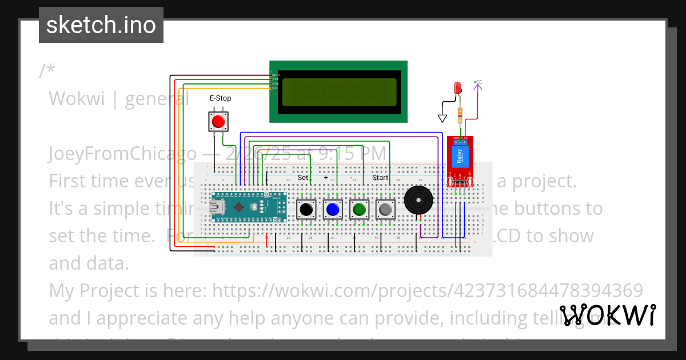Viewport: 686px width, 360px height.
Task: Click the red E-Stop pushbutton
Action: tap(218, 122)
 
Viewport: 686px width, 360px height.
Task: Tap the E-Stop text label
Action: tap(220, 98)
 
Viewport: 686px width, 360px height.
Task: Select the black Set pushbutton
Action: tap(306, 210)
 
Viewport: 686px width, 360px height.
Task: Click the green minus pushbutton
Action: tap(359, 210)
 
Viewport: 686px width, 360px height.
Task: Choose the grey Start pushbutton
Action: tap(385, 210)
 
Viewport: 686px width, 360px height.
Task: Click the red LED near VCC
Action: tap(457, 88)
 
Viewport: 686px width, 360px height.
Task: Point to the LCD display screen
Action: tap(338, 92)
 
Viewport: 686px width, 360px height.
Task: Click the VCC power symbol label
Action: tap(478, 82)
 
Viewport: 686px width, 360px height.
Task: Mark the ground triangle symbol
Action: tap(442, 118)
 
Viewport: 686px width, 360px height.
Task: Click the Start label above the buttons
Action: tap(380, 178)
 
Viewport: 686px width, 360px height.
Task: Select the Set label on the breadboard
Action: tap(302, 178)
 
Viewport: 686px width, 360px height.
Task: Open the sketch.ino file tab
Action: tap(101, 25)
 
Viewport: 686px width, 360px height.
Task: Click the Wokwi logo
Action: tap(607, 315)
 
